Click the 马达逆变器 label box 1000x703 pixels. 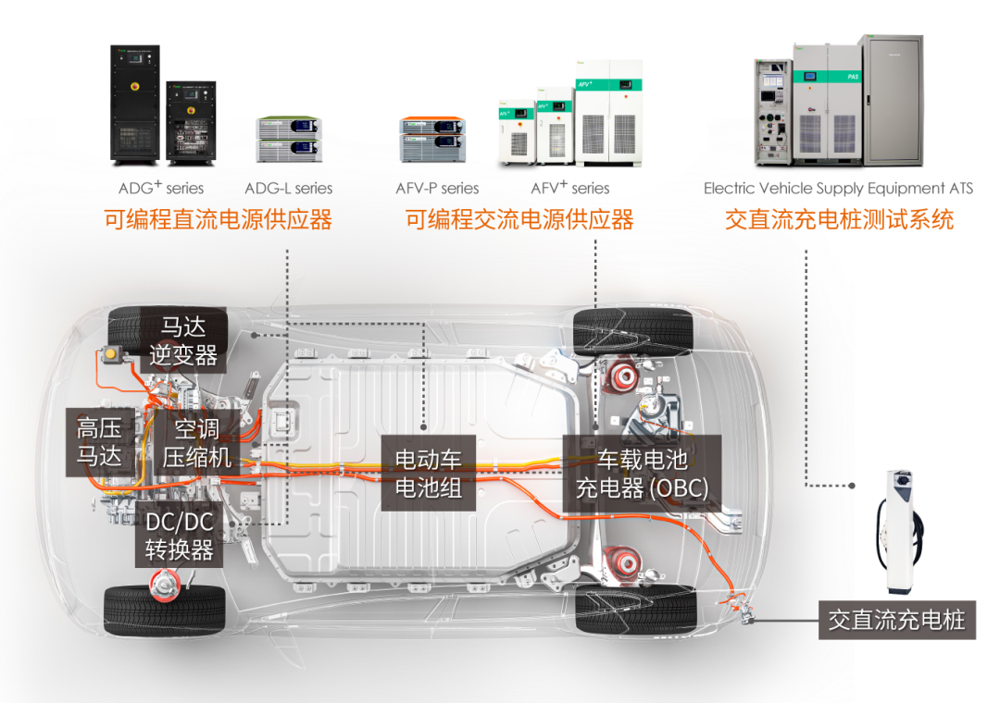tap(182, 340)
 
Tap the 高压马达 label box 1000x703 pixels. tap(100, 442)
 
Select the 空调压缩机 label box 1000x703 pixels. tap(196, 442)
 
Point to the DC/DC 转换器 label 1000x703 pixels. tap(180, 536)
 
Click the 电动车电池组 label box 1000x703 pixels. tap(429, 473)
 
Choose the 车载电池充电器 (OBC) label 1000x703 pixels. tap(642, 473)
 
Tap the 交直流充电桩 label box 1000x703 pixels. tap(896, 620)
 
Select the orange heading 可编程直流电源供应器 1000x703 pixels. tap(218, 219)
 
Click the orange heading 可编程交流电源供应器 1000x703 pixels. tap(519, 219)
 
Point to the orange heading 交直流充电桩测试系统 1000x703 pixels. tap(839, 219)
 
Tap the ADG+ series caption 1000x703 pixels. tap(160, 188)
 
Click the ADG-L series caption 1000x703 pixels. tap(288, 188)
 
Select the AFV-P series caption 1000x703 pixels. tap(437, 188)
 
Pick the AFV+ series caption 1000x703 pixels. tap(570, 188)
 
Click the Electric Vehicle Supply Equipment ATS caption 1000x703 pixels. tap(838, 188)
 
